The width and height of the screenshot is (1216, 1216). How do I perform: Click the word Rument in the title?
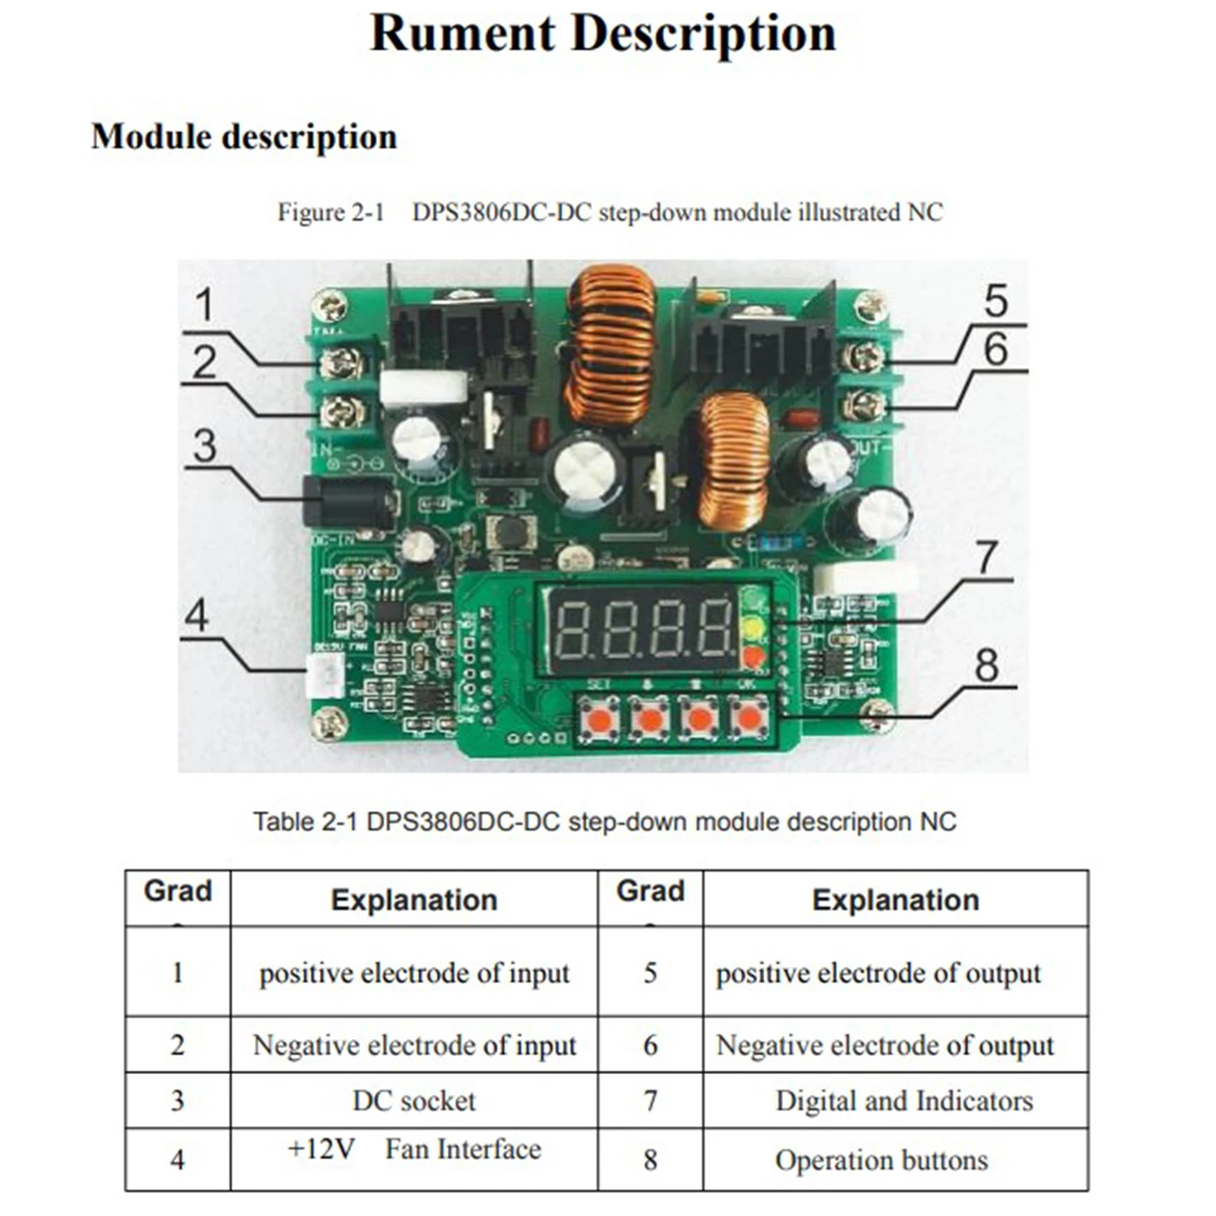462,34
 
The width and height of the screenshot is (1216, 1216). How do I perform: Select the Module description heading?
244,137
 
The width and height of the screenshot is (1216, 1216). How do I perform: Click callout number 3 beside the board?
205,446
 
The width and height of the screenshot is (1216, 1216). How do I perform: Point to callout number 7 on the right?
987,558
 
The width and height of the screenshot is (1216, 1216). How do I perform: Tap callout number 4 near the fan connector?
196,615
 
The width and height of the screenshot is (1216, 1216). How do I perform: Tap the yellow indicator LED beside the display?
754,629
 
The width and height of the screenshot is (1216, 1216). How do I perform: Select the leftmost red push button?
598,720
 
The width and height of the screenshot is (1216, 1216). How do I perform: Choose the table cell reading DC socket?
413,1101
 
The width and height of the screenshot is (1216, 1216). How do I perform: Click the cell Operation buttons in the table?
881,1160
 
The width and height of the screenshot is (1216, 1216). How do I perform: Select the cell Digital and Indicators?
904,1101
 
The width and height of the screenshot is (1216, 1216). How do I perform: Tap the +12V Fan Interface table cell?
413,1150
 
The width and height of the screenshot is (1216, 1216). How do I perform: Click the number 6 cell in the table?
650,1045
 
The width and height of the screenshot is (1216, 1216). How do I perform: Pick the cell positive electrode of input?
413,973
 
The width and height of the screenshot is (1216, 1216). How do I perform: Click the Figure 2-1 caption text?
609,212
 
